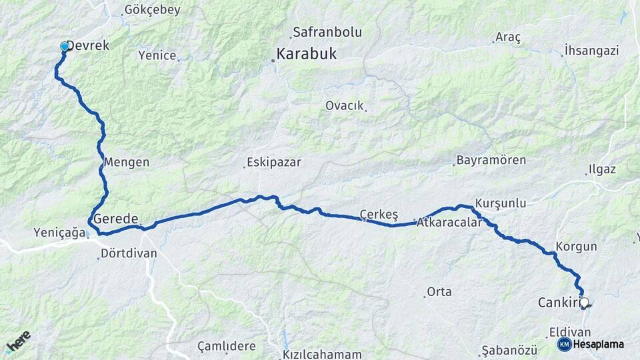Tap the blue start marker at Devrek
point(65,47)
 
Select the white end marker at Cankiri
point(585,303)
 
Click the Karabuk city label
point(307,55)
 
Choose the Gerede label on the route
point(116,219)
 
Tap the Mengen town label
point(127,162)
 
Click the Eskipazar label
point(274,162)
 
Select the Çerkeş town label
point(379,214)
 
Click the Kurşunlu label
point(501,203)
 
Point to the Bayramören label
point(491,161)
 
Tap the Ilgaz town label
point(602,169)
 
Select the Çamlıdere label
point(227,346)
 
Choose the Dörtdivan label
point(129,253)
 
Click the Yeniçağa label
point(59,233)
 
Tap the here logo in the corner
point(18,342)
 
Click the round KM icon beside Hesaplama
point(564,344)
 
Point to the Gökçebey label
point(152,11)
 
